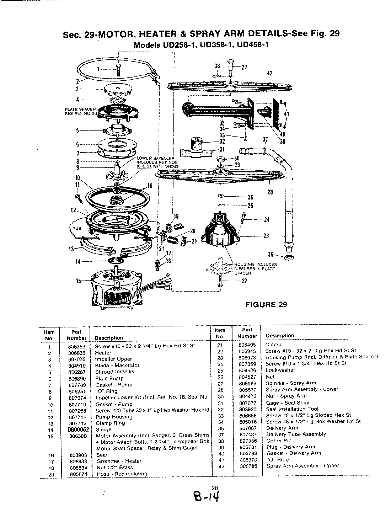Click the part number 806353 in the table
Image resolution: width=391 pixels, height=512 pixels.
[x=77, y=346]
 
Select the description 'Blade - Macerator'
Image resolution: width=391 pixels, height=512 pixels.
[x=117, y=365]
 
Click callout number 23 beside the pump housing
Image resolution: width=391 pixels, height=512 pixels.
[x=266, y=236]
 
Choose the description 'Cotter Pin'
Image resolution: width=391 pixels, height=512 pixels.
[x=278, y=441]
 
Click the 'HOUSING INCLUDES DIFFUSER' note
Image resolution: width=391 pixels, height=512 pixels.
[x=255, y=269]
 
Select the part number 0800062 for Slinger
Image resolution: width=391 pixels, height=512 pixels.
[x=77, y=429]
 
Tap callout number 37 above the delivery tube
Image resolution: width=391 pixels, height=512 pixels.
[x=265, y=140]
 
